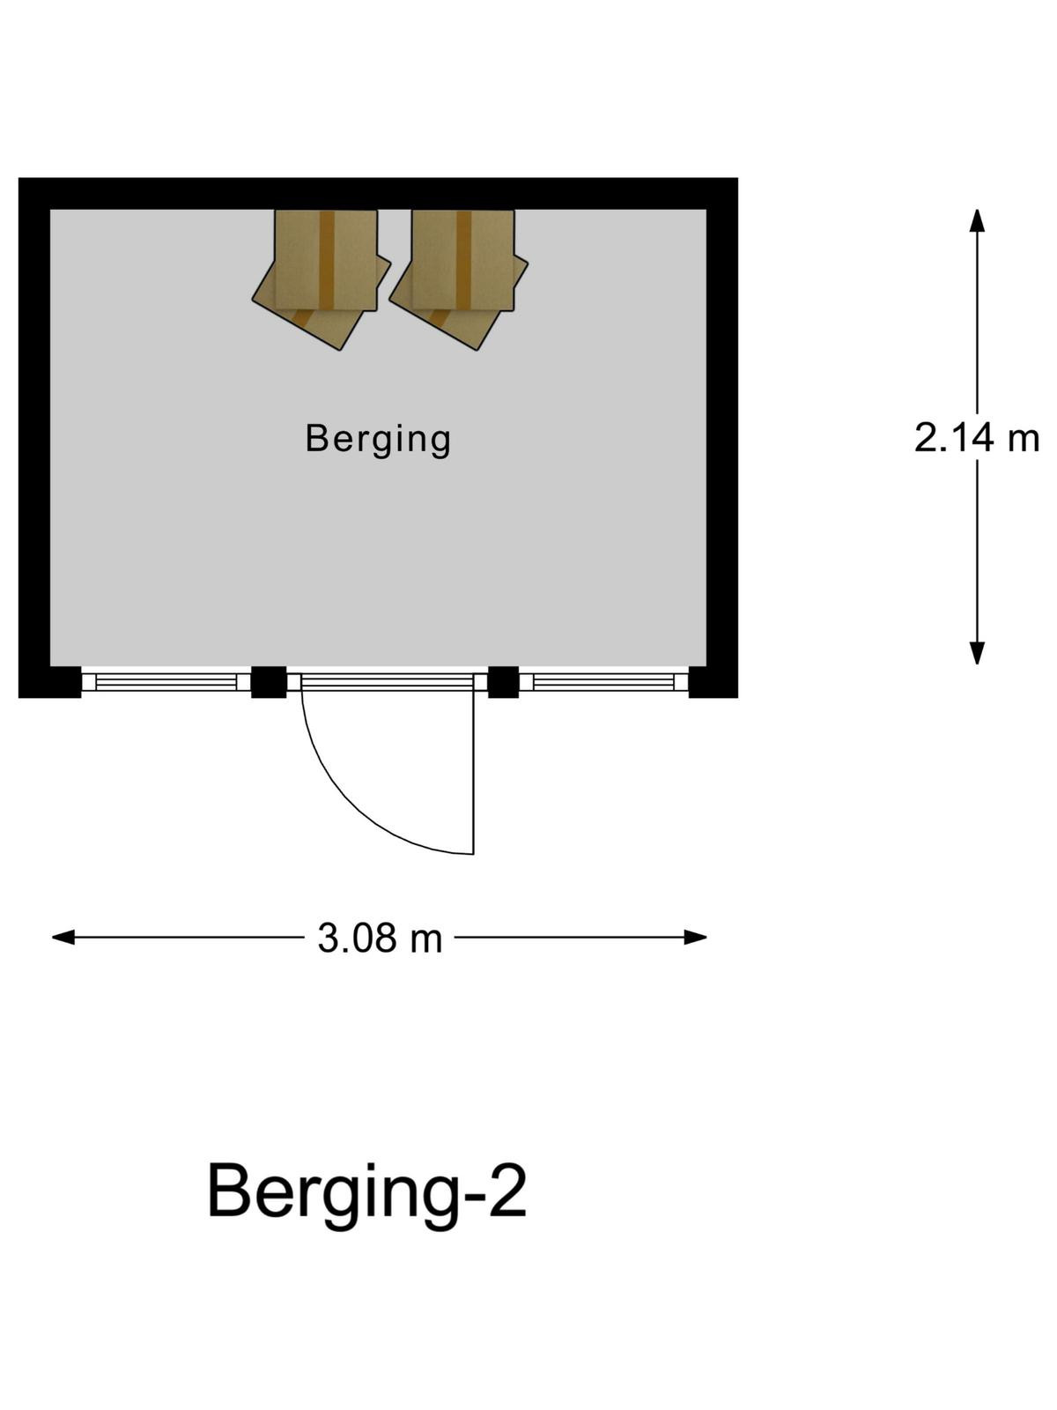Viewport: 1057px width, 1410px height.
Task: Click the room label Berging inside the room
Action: pos(377,440)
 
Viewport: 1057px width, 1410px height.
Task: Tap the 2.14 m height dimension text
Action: pos(976,437)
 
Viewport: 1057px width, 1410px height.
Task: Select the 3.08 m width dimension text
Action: pos(380,939)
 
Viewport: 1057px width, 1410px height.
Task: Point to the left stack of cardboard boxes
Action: pos(321,278)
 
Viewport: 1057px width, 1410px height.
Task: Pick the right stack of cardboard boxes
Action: pos(458,278)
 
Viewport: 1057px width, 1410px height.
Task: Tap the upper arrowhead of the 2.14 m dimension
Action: pos(977,219)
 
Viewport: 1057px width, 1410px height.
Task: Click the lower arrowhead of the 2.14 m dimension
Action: pos(977,653)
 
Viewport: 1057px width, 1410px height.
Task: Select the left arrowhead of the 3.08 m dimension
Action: pos(63,938)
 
